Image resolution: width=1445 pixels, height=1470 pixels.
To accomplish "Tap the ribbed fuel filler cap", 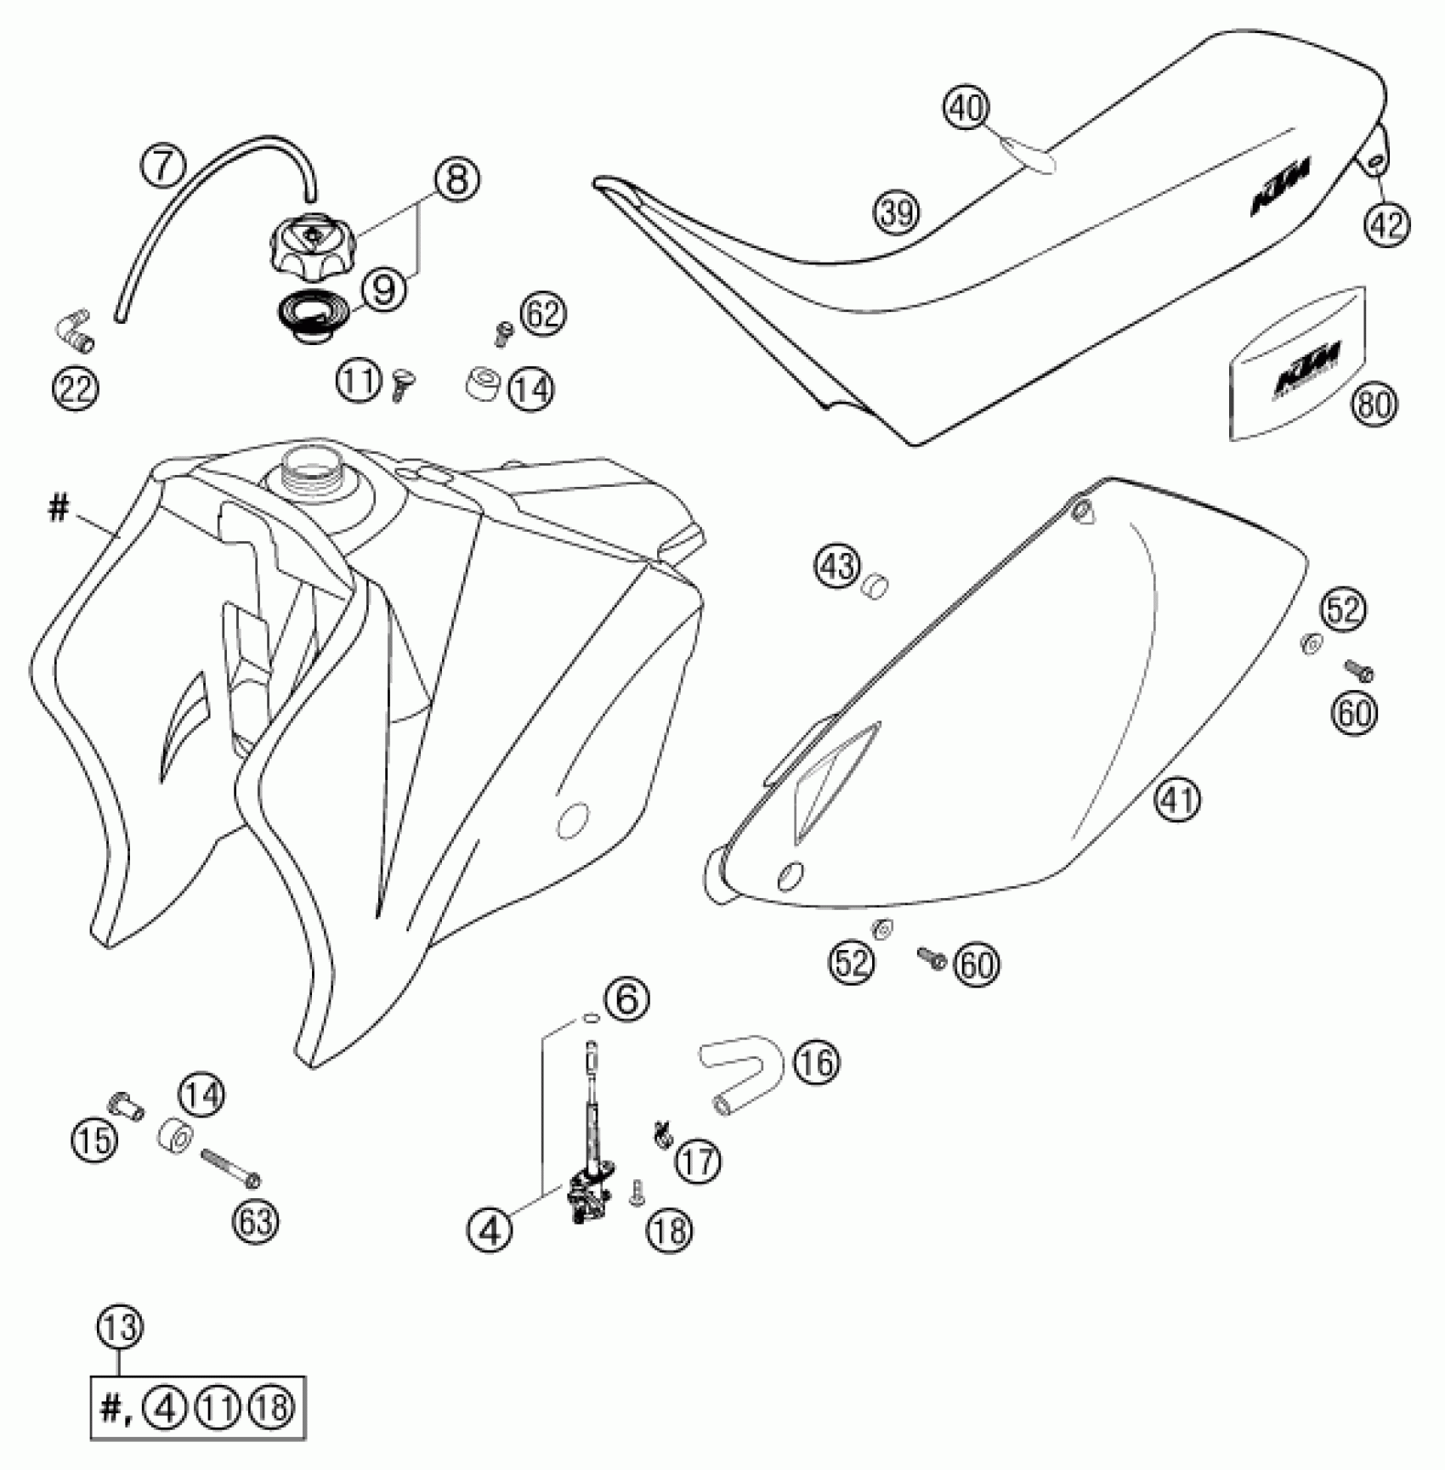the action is (310, 241).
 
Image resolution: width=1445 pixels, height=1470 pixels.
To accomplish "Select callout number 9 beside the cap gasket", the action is (384, 290).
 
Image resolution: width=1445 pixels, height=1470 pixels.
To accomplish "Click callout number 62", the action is (543, 314).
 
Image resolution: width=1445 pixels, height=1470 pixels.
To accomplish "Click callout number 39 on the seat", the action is (898, 212).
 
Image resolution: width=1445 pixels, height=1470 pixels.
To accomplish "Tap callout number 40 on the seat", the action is (966, 108).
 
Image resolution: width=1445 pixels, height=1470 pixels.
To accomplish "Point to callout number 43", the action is (838, 564).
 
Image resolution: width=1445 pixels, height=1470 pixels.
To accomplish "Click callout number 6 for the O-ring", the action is (626, 999).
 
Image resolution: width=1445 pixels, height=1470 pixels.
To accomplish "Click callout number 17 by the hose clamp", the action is (698, 1161).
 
